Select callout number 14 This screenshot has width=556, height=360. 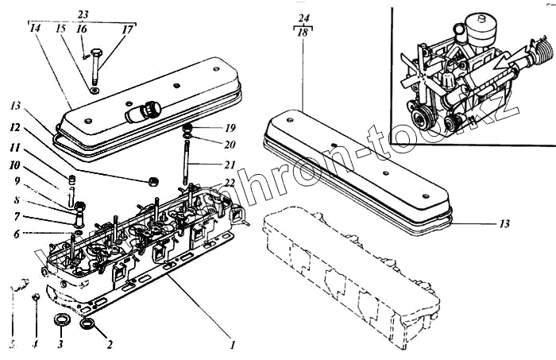pyautogui.click(x=34, y=29)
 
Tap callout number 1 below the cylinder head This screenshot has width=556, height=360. pyautogui.click(x=232, y=344)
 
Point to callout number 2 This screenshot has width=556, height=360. pyautogui.click(x=110, y=344)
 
